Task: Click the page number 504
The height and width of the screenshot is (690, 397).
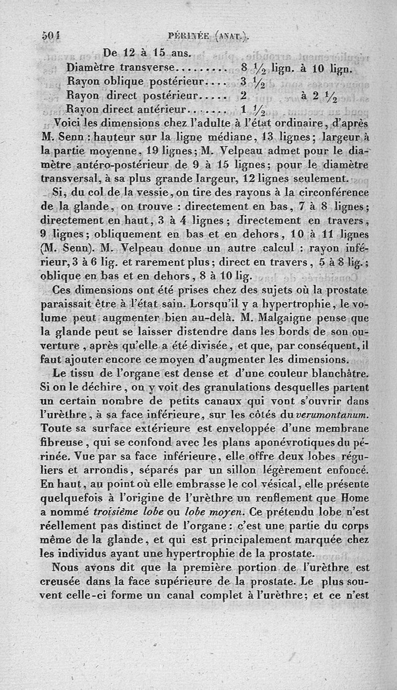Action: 51,36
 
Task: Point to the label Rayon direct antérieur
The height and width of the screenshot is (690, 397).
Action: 126,109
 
